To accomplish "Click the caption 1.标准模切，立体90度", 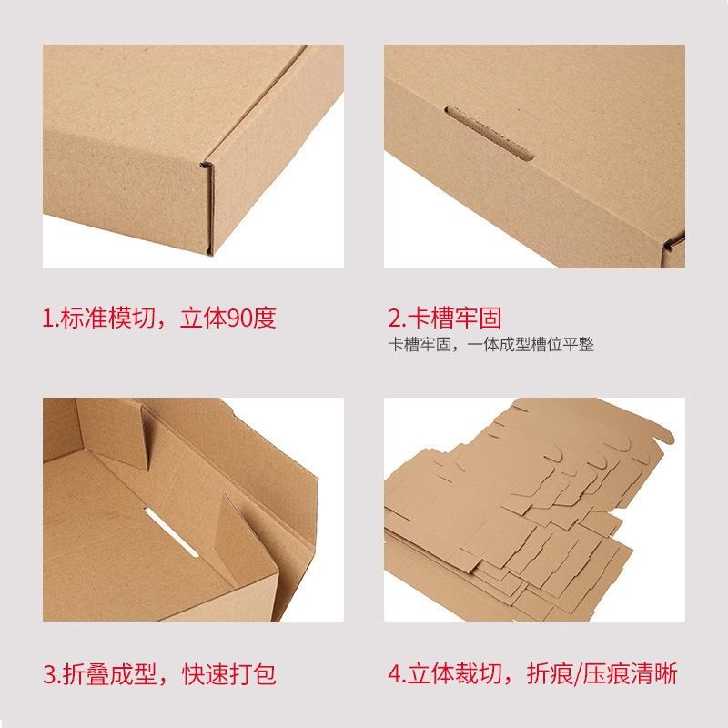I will (159, 318).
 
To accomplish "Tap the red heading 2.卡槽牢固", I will (445, 318).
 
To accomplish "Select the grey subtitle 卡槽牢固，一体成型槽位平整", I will (491, 346).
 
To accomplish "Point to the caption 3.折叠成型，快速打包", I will (159, 675).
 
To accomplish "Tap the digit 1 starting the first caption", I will (48, 318).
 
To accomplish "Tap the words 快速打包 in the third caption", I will (232, 675).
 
